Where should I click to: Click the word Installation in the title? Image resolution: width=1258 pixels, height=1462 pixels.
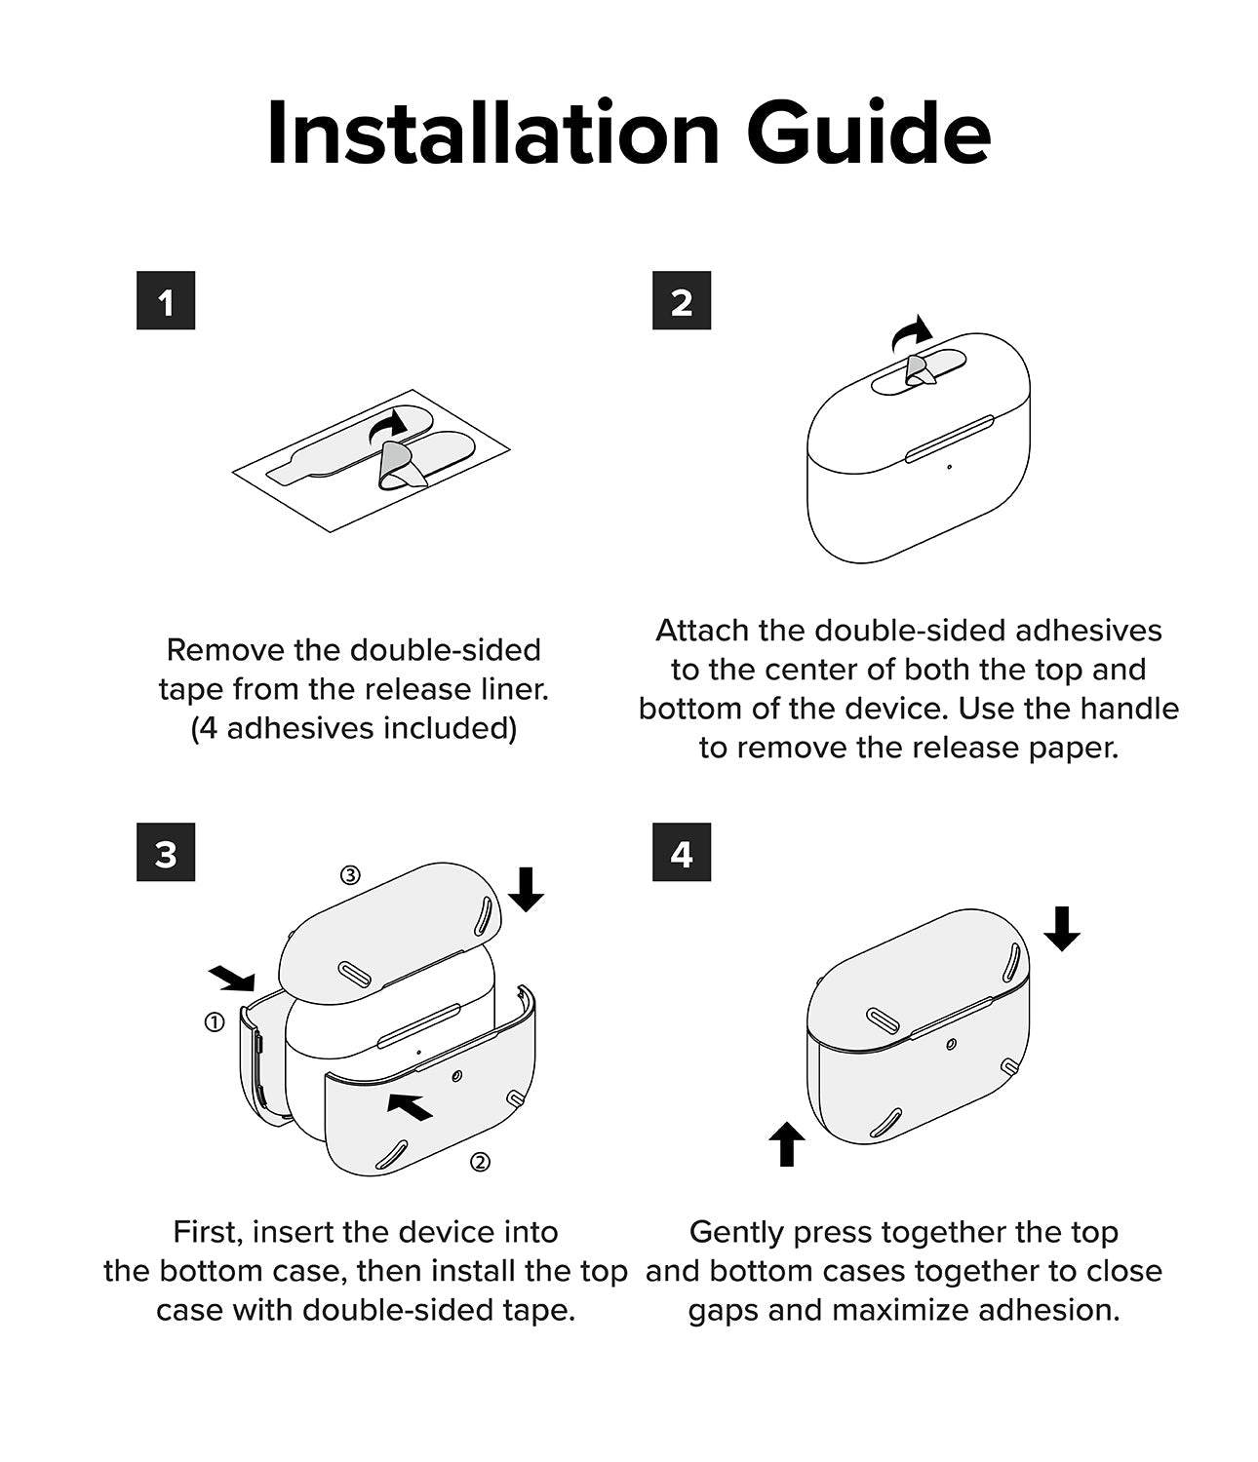pos(493,133)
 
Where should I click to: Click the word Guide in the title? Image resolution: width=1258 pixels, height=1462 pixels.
pos(869,133)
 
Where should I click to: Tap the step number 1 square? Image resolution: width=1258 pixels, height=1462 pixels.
pos(166,300)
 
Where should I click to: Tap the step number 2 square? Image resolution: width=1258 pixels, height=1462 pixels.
pos(682,300)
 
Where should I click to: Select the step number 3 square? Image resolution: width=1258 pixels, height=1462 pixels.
pos(166,852)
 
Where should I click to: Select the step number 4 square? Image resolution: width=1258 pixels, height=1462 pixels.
pos(682,852)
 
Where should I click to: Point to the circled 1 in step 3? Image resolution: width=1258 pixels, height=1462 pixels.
pos(215,1022)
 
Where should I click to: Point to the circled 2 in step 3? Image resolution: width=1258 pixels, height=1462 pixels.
pos(481,1162)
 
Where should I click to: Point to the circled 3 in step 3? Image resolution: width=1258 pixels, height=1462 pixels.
pos(350,875)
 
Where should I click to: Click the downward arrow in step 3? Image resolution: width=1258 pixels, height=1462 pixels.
pos(526,889)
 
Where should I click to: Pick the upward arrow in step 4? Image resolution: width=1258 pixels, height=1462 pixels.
pos(787,1143)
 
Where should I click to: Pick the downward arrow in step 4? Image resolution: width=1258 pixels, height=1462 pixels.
pos(1062,929)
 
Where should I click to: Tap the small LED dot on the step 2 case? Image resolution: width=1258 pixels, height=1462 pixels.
pos(950,467)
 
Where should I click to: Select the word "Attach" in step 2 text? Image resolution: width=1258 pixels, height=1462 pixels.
pos(701,631)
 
